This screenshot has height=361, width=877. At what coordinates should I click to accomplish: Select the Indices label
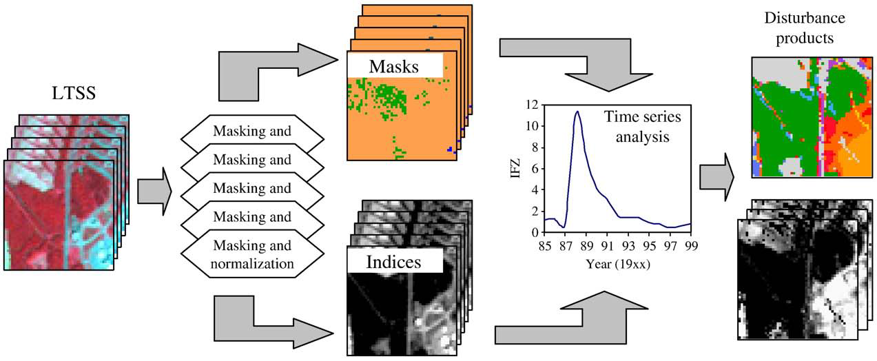[x=393, y=262]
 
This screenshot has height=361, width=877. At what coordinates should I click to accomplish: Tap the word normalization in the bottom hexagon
[x=252, y=262]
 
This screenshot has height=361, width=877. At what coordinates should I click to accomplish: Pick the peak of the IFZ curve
[x=577, y=112]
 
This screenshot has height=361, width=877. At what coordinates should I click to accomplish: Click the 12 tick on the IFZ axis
[x=530, y=105]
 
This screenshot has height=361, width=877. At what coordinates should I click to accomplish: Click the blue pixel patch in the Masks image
[x=449, y=149]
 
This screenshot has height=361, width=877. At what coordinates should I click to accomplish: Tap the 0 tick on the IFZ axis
[x=533, y=232]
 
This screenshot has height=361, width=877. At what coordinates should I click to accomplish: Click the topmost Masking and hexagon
[x=252, y=131]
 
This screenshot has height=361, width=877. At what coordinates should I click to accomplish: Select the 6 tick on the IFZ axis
[x=533, y=169]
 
